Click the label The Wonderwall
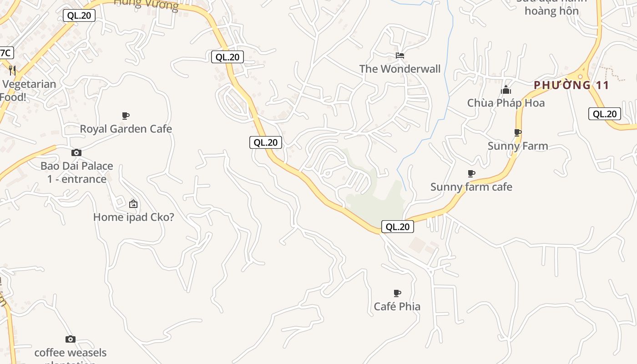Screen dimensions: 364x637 pos(400,69)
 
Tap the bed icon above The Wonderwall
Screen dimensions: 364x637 pos(400,56)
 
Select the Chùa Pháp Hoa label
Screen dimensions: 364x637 pos(506,103)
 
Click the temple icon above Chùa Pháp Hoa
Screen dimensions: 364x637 pos(506,90)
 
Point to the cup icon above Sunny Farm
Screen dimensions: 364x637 pos(517,132)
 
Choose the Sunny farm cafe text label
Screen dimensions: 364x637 pos(471,187)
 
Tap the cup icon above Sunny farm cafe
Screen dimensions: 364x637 pos(471,173)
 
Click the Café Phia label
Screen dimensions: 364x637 pos(397,307)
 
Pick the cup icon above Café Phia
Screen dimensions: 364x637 pos(397,293)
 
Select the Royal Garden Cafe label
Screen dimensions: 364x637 pos(126,129)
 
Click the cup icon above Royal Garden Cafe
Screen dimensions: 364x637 pos(126,116)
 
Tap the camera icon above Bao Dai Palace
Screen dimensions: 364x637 pos(76,152)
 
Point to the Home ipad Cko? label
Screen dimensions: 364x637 pos(133,217)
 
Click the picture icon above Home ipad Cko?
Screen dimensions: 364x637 pos(133,204)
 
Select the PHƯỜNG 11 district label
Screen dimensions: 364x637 pos(571,85)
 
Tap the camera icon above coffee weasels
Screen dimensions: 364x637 pos(71,339)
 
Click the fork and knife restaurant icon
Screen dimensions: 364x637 pos(12,71)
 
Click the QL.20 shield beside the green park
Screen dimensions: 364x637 pos(397,227)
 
